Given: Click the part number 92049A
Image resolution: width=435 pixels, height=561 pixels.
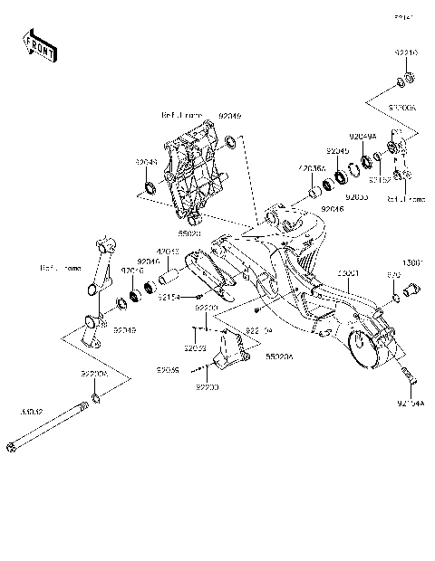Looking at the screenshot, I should (x=363, y=137).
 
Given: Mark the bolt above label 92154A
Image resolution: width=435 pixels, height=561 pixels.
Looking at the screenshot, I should (x=404, y=373).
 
